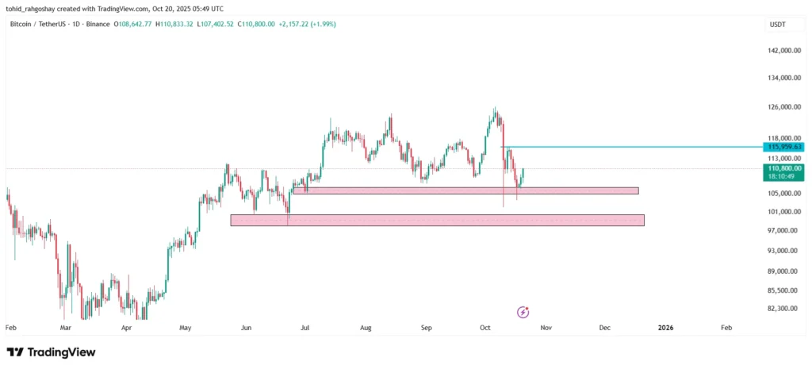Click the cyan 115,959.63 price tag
point(783,147)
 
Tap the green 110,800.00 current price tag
point(783,168)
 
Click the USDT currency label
point(778,25)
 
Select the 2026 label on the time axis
point(666,327)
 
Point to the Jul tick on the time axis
point(306,327)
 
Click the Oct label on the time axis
point(485,327)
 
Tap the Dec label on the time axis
point(605,327)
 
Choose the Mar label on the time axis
point(66,327)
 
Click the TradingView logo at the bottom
point(51,352)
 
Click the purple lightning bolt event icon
point(523,312)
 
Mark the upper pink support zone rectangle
point(465,190)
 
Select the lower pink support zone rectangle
point(437,220)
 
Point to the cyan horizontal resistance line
point(634,147)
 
